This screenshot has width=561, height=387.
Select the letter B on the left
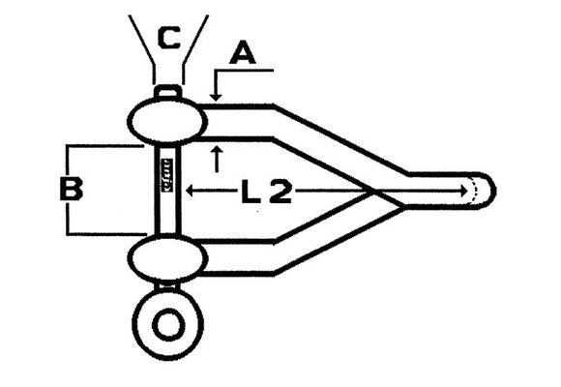click(x=71, y=190)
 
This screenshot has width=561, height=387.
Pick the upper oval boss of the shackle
click(x=166, y=121)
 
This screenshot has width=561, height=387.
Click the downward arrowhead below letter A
click(x=218, y=96)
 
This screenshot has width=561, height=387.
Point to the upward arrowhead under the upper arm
click(x=218, y=147)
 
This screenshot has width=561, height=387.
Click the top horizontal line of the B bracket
click(x=104, y=146)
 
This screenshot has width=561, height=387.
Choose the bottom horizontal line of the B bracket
click(x=104, y=234)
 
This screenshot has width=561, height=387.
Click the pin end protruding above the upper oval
click(x=168, y=92)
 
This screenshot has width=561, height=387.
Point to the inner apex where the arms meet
click(x=373, y=192)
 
